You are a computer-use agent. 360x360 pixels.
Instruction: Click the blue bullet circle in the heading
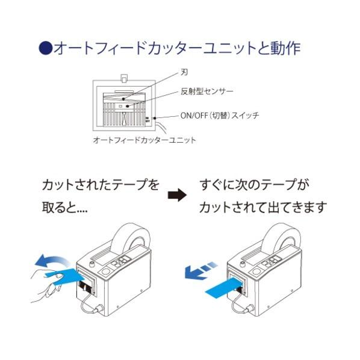[46, 48]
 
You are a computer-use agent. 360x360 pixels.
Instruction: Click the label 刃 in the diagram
[184, 72]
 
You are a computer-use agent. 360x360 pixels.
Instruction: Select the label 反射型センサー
[207, 92]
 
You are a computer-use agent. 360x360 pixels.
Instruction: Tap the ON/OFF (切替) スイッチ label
[220, 115]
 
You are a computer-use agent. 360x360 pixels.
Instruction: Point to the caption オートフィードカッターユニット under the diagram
[144, 140]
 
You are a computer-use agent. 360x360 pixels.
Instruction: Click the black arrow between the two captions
[177, 196]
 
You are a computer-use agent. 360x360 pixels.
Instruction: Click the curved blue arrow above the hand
[52, 261]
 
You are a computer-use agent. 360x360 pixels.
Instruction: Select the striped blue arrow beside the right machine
[200, 270]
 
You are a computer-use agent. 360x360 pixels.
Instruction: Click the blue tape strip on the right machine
[223, 288]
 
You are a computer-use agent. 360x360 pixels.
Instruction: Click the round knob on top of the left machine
[92, 264]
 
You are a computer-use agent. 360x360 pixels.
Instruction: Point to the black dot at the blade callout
[123, 99]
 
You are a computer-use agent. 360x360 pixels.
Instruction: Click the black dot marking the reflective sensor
[128, 106]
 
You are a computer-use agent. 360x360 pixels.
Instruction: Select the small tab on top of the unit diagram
[124, 78]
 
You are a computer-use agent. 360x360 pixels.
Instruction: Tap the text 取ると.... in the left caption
[65, 207]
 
